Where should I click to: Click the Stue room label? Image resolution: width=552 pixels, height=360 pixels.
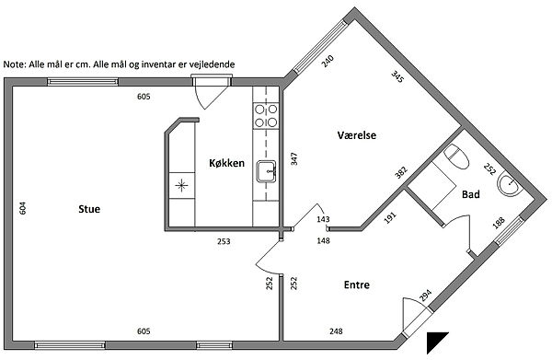click(x=89, y=209)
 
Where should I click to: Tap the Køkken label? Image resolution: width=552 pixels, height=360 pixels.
click(x=226, y=163)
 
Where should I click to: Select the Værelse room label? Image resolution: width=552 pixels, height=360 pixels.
click(x=357, y=135)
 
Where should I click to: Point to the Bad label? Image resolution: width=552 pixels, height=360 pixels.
click(x=471, y=194)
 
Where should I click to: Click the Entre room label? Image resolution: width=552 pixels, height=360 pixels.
click(x=357, y=285)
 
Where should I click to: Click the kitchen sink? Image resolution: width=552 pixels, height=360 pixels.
click(x=266, y=171)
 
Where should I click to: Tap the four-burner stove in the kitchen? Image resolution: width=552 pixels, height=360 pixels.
click(x=266, y=116)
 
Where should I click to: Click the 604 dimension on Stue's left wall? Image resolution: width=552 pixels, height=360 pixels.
click(x=22, y=208)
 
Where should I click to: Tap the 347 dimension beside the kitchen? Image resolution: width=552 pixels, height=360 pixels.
click(x=294, y=159)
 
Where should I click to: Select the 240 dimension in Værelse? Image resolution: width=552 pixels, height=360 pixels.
click(x=328, y=62)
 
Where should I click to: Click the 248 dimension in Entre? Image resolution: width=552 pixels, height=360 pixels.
click(x=336, y=331)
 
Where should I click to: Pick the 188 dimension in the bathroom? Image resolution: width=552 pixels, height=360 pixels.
click(x=499, y=223)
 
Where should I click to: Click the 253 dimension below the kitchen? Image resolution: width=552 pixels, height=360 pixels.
click(x=224, y=241)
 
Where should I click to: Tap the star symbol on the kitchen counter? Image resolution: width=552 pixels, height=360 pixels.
click(x=181, y=185)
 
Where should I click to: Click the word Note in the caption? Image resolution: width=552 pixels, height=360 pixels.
click(x=15, y=64)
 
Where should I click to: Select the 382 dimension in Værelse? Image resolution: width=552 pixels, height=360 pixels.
click(x=401, y=172)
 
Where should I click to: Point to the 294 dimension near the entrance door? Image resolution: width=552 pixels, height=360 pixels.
click(x=425, y=296)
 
